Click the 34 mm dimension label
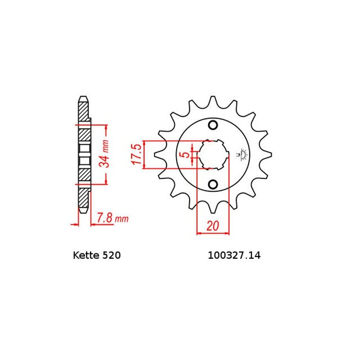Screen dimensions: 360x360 pyautogui.click(x=105, y=154)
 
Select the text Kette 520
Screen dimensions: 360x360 pyautogui.click(x=96, y=256)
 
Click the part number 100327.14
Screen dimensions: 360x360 pyautogui.click(x=234, y=256)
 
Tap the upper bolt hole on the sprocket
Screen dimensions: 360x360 pyautogui.click(x=213, y=125)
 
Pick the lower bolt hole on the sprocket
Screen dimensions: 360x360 pyautogui.click(x=213, y=184)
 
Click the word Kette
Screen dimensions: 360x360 pyautogui.click(x=85, y=256)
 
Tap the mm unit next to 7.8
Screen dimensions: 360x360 pyautogui.click(x=121, y=220)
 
